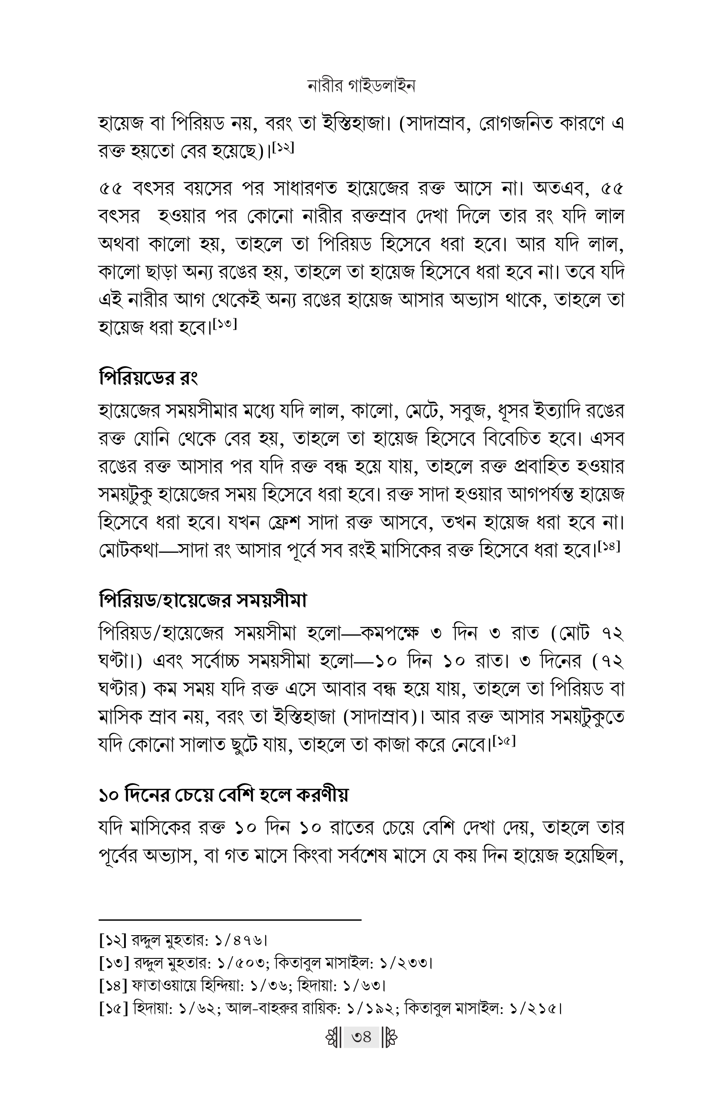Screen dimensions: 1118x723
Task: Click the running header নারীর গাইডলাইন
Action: [x=361, y=86]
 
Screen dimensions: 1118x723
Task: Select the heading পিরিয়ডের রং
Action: [x=148, y=377]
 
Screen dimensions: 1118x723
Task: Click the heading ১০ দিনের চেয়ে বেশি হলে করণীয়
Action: [x=224, y=795]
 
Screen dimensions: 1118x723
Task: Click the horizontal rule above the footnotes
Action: [x=230, y=919]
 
